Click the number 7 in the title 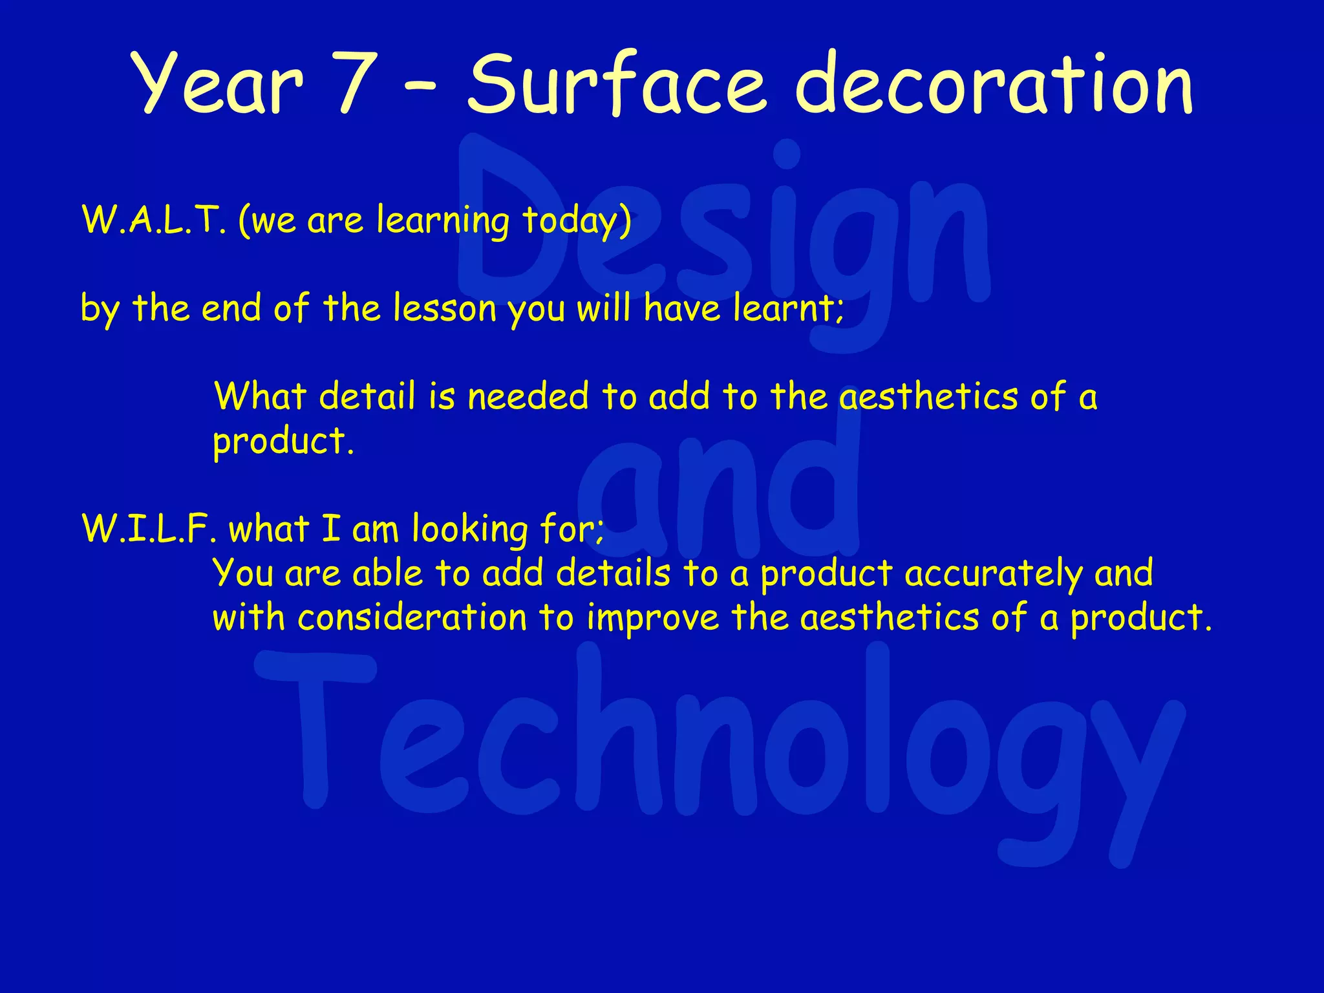(x=355, y=83)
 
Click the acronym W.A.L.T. (x=154, y=220)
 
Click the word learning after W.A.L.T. (x=443, y=220)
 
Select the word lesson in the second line (x=445, y=308)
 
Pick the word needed (x=528, y=396)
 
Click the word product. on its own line (x=283, y=442)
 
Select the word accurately (x=992, y=574)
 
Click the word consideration (x=412, y=618)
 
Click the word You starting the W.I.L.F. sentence (x=243, y=574)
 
